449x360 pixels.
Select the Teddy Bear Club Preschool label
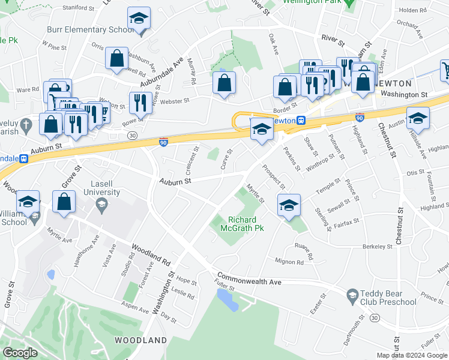click(388, 298)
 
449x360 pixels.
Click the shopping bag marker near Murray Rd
click(224, 84)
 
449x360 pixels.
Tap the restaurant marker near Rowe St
click(138, 103)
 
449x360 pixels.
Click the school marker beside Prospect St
click(289, 205)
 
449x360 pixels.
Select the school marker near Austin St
click(418, 118)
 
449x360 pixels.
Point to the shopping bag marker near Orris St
click(116, 59)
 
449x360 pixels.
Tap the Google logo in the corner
click(20, 352)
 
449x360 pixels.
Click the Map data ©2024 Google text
click(412, 355)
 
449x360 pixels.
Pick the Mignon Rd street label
click(289, 262)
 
